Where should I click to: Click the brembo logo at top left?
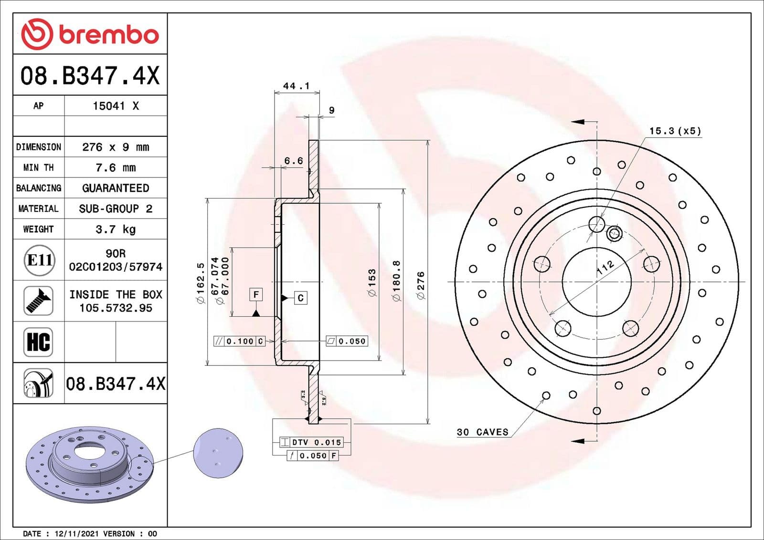[90, 34]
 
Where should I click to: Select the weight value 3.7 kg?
[116, 229]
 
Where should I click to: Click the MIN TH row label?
[38, 167]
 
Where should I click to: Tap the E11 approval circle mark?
[39, 260]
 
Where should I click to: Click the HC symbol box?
[38, 342]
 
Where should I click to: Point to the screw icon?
[38, 301]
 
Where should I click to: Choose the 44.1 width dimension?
[296, 86]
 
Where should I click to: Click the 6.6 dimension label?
[293, 161]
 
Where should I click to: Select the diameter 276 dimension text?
[421, 285]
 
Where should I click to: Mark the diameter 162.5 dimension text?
[201, 282]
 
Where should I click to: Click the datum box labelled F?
[256, 295]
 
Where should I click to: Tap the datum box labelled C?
[300, 298]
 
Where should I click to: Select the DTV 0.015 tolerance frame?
[310, 442]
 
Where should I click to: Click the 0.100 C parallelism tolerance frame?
[239, 341]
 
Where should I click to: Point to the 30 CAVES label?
[482, 432]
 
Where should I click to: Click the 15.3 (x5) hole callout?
[675, 131]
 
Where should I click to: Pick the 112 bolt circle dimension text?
[605, 268]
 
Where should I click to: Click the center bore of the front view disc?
[596, 281]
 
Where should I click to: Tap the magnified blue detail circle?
[218, 453]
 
